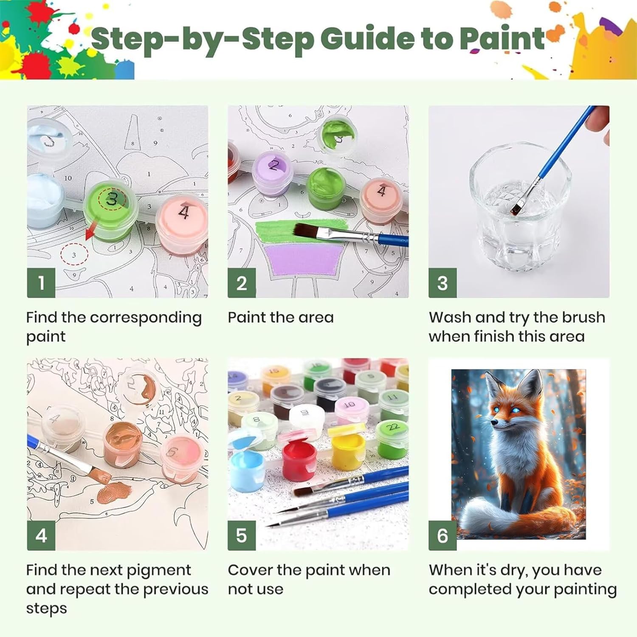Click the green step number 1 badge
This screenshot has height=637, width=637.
(x=41, y=283)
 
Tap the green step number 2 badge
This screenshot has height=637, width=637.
(x=242, y=283)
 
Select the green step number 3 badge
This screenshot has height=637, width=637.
(x=443, y=283)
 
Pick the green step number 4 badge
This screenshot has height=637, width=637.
(x=41, y=536)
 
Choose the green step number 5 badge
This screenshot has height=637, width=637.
(x=242, y=536)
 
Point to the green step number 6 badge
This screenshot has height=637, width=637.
(x=443, y=536)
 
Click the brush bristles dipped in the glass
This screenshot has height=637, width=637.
(x=517, y=208)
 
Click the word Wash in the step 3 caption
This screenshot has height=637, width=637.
(x=449, y=317)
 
